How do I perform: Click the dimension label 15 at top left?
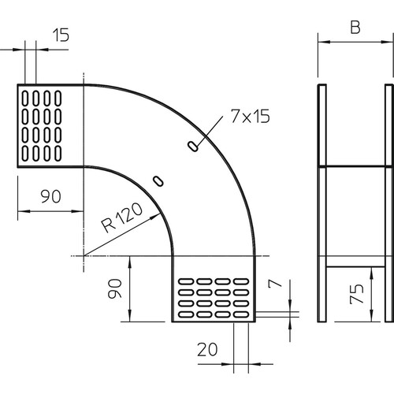click(x=61, y=35)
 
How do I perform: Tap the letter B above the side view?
click(x=355, y=27)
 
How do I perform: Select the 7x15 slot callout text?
click(x=251, y=116)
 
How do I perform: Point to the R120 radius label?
click(x=122, y=217)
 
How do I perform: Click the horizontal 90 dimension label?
click(x=51, y=196)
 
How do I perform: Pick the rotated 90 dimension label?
click(x=115, y=288)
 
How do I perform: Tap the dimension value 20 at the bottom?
click(x=207, y=349)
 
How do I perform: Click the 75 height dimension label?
click(x=357, y=294)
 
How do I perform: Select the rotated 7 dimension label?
click(x=275, y=283)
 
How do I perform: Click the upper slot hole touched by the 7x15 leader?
click(x=193, y=147)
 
